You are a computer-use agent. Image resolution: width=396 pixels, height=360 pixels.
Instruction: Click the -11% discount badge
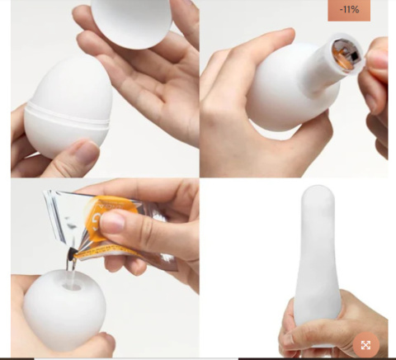(349, 10)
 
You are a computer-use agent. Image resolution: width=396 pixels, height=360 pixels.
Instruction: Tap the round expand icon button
(365, 345)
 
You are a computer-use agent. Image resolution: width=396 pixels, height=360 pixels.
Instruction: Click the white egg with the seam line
(68, 108)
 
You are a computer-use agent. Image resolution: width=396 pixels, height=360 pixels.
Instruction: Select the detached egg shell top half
(132, 23)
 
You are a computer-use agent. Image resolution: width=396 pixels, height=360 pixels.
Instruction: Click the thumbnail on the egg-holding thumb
(87, 152)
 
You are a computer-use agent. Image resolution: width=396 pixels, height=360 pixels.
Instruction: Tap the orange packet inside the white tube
(346, 55)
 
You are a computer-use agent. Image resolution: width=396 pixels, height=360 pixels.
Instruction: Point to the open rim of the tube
(347, 54)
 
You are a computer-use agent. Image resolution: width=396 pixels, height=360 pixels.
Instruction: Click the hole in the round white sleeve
(73, 287)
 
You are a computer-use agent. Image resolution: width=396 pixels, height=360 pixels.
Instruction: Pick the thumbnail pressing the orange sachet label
(112, 222)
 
